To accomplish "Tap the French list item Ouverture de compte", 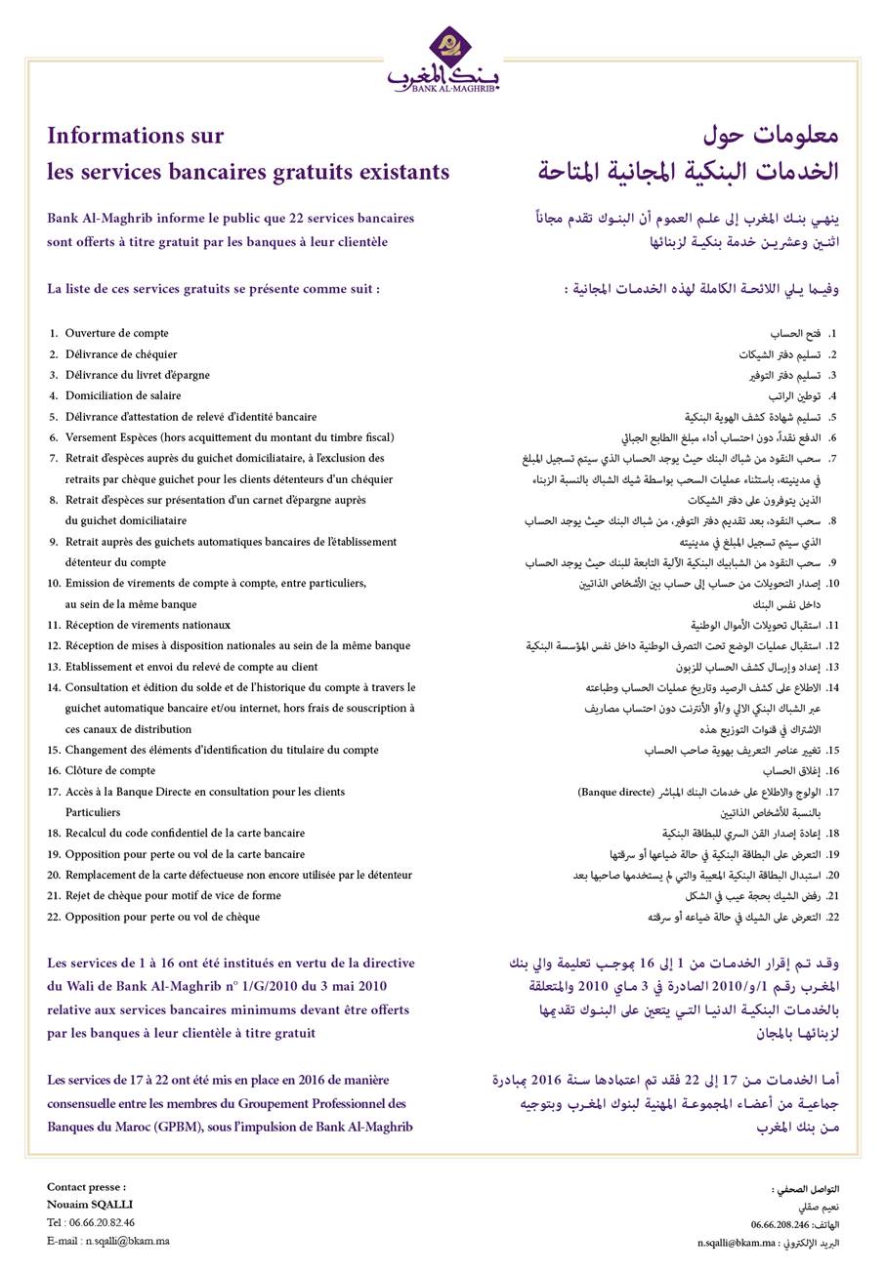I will (x=116, y=334).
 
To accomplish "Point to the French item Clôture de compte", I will (x=109, y=771).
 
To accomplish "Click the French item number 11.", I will (x=54, y=626).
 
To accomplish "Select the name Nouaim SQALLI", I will (x=90, y=1205).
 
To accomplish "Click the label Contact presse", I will (x=86, y=1187).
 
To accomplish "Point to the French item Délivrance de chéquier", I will (x=121, y=354).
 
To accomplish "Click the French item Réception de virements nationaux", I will (x=148, y=626).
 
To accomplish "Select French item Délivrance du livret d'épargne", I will (x=137, y=375).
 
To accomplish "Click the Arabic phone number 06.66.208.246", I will (x=780, y=1224).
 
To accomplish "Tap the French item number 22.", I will (x=54, y=917).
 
